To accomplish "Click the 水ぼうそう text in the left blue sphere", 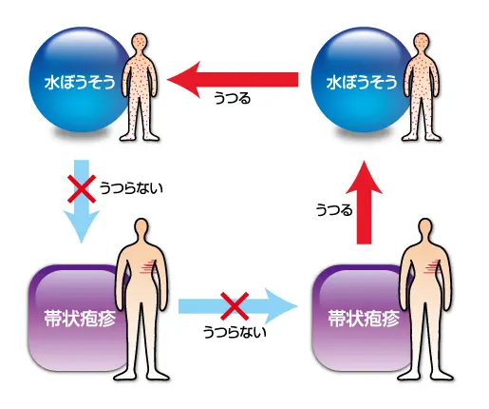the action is coord(80,83).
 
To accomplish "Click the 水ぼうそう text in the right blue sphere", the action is coord(362,83).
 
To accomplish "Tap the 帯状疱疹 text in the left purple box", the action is coord(80,318).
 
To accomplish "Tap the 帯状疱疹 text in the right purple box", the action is coord(364,318).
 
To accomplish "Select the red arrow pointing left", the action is coord(233,79).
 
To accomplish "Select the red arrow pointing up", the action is coord(364,203).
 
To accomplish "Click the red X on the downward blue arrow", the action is coord(82,188).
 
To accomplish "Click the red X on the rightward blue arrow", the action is coord(235,306).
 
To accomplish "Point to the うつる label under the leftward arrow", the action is coord(233,98).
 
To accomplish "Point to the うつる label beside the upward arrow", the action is coord(334,210).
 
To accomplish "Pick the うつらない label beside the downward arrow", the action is coord(131,188).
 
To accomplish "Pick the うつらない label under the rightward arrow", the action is coord(235,332).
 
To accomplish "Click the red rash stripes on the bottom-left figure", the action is coord(149,266).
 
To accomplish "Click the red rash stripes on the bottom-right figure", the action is coord(432,266).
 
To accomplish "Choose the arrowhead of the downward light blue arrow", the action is coord(82,226).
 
